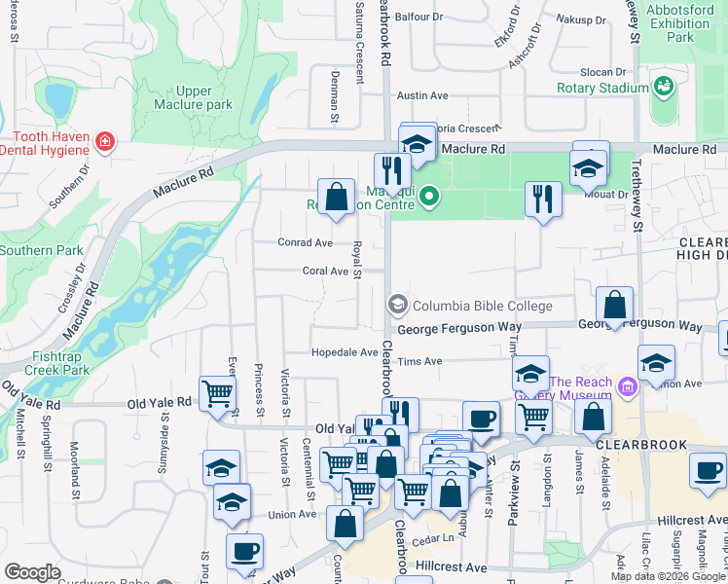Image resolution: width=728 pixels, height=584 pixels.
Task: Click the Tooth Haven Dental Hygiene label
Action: coord(45,144)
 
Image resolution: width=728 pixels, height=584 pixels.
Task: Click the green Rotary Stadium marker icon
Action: coord(665,88)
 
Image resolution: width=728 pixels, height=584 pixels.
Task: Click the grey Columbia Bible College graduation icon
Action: coord(397,306)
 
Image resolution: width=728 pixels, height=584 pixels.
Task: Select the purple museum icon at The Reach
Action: coord(628,388)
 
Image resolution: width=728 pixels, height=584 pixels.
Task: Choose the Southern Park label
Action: coord(41,250)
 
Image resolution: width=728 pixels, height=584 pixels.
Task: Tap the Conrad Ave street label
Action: coord(305,242)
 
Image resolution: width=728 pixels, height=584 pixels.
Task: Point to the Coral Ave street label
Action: coord(324,272)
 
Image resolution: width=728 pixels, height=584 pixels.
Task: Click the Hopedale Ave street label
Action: coord(345,352)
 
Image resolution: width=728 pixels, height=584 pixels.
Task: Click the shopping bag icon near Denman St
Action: coord(336,197)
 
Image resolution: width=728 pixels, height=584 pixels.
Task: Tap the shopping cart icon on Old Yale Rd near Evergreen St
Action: coord(217,393)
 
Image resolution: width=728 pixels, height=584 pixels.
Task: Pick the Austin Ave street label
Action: coord(422,96)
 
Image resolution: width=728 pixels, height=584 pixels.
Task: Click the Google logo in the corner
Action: coord(32,572)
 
